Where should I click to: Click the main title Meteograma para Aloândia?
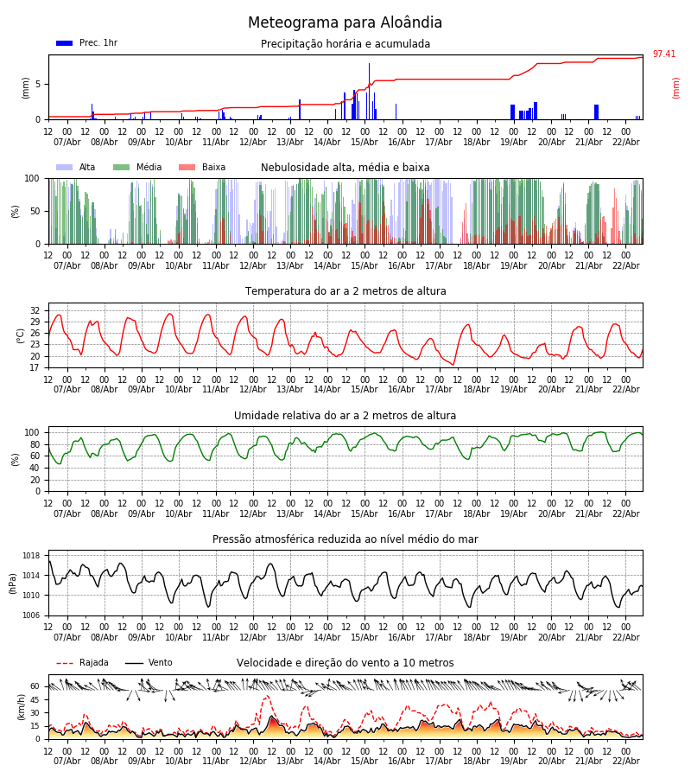point(345,23)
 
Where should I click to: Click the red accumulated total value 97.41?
point(663,54)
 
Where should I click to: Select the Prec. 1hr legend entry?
point(87,43)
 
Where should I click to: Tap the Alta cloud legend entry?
point(77,168)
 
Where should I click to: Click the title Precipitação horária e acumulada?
point(345,44)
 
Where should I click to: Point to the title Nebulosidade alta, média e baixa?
point(345,168)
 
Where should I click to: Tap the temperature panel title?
point(345,291)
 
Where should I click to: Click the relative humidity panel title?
point(345,416)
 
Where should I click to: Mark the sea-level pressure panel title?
point(345,539)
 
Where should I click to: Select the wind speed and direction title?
point(345,663)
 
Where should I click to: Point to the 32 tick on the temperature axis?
point(35,310)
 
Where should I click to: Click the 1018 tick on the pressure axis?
point(32,556)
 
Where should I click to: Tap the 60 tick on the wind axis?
point(35,686)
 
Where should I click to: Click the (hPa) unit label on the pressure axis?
point(14,583)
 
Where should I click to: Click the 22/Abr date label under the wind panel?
point(626,761)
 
